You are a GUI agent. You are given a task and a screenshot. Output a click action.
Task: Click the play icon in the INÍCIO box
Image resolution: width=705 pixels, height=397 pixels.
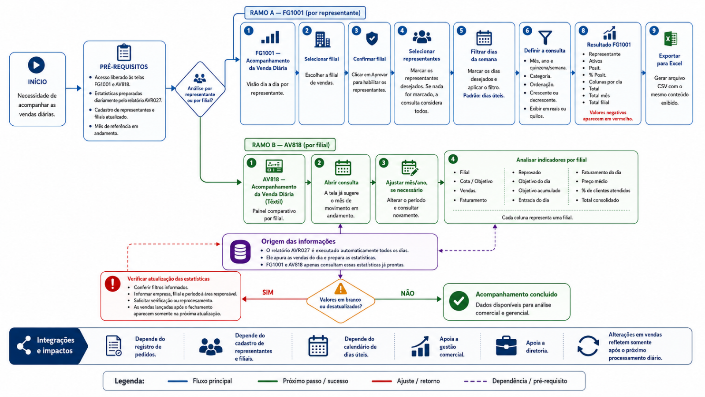36,65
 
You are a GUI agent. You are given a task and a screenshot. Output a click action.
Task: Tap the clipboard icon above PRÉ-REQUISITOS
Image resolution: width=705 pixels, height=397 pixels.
124,52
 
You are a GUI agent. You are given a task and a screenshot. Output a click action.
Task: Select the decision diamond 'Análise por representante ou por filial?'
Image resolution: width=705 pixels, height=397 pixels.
200,89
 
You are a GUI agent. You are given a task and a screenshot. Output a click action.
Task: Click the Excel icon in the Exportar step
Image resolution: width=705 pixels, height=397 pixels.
670,39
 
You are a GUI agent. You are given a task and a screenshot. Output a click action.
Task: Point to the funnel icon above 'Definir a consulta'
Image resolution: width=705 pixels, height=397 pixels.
545,37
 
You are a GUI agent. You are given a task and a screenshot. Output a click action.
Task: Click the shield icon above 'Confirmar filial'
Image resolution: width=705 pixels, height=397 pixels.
372,38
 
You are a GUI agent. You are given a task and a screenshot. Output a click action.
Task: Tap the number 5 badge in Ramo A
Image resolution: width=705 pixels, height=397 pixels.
461,30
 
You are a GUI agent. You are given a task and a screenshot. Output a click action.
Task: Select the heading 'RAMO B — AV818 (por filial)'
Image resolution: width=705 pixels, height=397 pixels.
291,145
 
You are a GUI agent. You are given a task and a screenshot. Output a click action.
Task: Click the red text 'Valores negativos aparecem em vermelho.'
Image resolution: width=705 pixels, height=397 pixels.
608,116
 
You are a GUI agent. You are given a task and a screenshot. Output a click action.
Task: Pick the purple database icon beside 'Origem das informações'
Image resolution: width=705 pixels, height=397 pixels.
240,251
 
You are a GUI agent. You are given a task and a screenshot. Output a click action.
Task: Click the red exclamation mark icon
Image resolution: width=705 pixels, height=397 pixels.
112,283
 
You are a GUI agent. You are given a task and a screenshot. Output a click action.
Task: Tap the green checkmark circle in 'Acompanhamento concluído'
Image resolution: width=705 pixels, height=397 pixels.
459,301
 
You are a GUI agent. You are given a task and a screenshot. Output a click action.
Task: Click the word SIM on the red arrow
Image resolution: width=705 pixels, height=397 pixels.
268,292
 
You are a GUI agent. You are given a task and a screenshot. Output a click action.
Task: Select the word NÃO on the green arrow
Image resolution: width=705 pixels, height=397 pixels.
407,293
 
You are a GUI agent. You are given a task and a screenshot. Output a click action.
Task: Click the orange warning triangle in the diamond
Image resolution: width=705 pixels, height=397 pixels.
340,288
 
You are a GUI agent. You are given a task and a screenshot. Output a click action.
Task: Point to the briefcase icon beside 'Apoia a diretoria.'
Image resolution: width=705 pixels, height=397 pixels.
506,346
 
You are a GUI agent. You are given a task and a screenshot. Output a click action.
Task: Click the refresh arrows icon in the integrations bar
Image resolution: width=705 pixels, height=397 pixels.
588,346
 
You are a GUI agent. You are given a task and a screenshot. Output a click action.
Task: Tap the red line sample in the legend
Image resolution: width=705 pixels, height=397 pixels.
381,381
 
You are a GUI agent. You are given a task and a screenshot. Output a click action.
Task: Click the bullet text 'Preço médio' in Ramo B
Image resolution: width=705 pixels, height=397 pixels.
594,181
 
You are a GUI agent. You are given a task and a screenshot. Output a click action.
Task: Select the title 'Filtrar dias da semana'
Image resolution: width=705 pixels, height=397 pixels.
484,56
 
